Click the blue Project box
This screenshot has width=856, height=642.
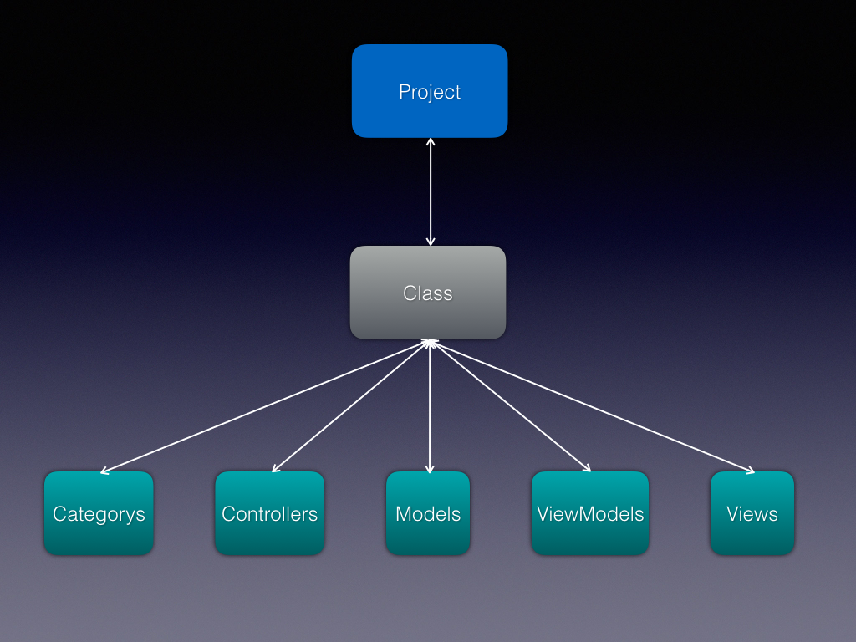(430, 91)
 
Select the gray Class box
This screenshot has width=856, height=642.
(428, 293)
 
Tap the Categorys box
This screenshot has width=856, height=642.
(99, 513)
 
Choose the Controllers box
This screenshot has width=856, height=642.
(270, 513)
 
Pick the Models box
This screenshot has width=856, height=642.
(428, 513)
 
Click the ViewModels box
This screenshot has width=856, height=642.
(590, 513)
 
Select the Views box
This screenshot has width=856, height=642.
(752, 513)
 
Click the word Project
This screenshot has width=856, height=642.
(430, 92)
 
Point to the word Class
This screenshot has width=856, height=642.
(428, 293)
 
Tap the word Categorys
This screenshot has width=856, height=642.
(99, 514)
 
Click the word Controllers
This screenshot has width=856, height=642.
(270, 514)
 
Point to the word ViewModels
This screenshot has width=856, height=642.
(590, 514)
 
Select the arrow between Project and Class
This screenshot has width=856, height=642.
(431, 191)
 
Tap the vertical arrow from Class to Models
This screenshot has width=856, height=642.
(430, 406)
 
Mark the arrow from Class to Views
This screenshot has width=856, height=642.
(593, 406)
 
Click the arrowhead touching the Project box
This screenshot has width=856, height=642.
(431, 142)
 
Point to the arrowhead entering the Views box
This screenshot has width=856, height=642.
(751, 470)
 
